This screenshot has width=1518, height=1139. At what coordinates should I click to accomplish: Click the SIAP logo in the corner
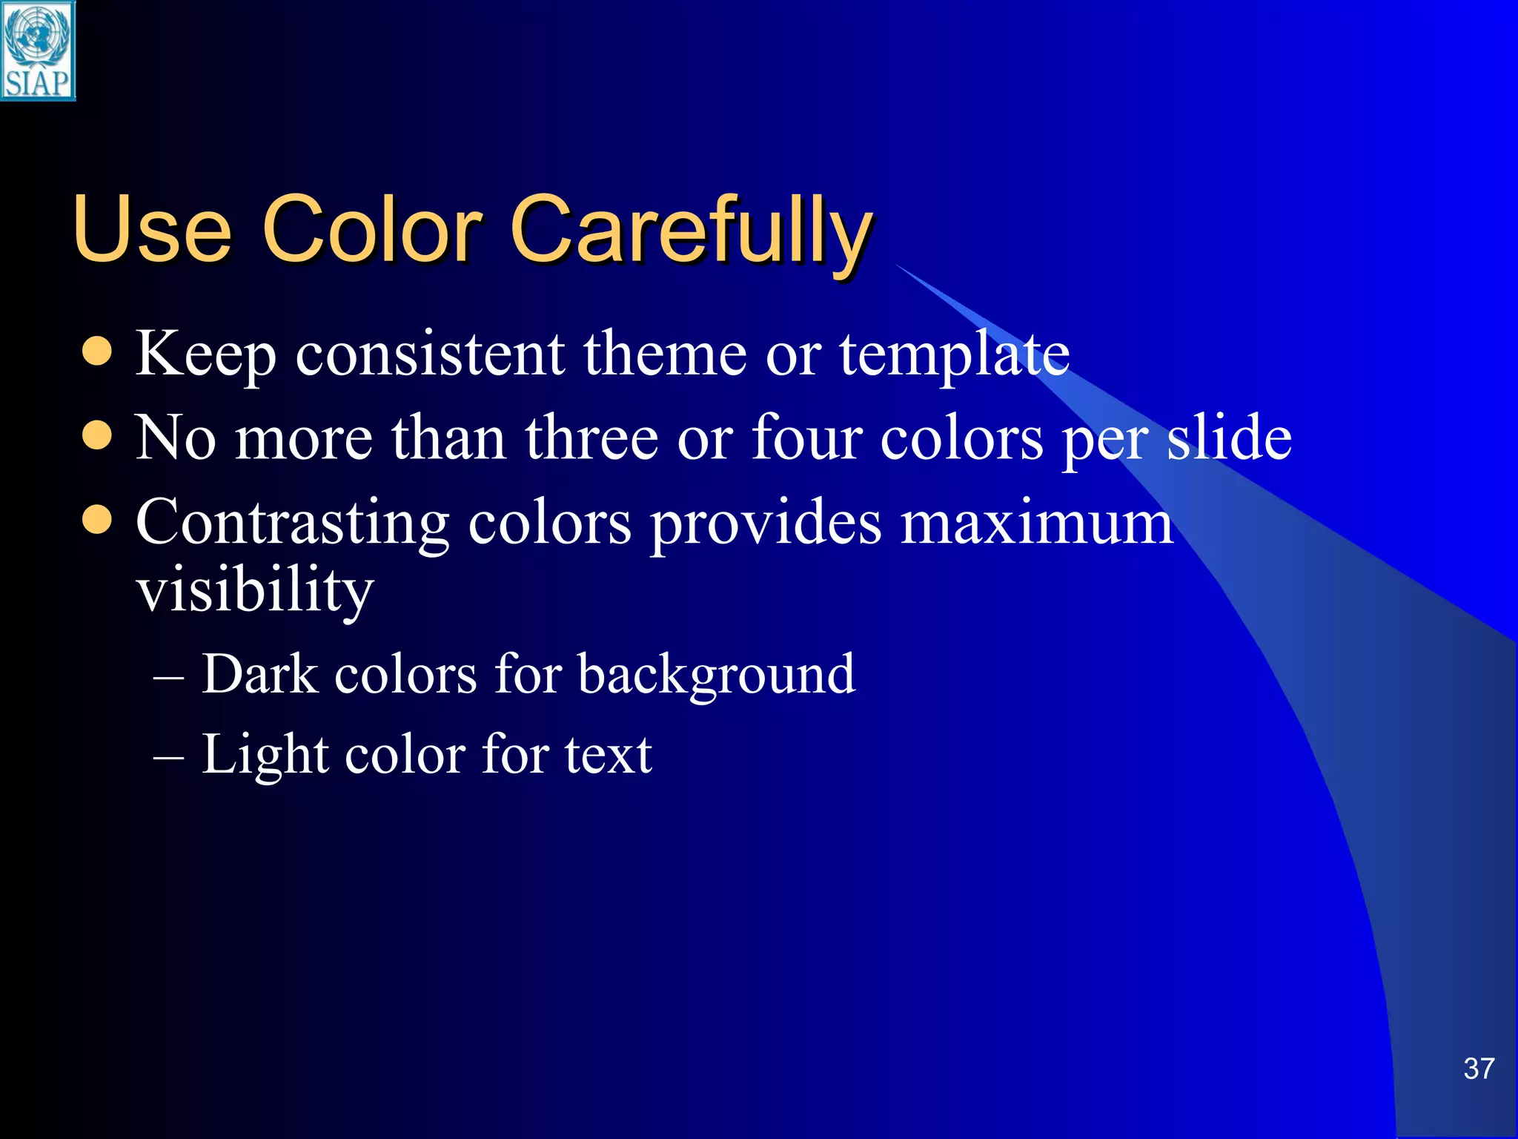click(38, 50)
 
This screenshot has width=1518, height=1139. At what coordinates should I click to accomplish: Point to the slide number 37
click(1479, 1069)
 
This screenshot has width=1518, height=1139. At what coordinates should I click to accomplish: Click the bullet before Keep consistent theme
click(97, 351)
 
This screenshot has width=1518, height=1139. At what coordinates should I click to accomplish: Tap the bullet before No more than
click(97, 436)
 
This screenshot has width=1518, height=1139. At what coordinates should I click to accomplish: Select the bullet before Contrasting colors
click(97, 520)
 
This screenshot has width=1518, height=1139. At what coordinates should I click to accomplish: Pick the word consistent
click(430, 354)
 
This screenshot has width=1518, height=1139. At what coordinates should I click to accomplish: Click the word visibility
click(255, 592)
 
